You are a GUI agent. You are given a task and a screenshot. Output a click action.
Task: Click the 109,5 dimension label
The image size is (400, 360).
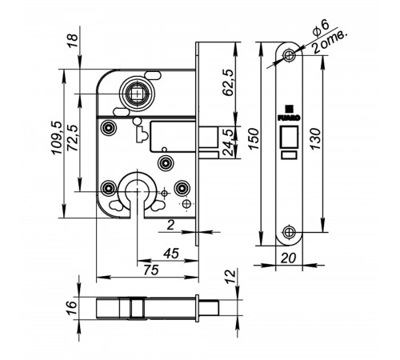pos(57,138)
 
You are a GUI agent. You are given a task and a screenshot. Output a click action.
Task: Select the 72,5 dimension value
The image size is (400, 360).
pos(73,138)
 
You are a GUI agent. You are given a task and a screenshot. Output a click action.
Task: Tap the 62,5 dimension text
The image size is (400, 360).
pos(228,82)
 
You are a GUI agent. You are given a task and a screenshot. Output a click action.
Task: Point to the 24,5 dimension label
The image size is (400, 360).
pos(228,142)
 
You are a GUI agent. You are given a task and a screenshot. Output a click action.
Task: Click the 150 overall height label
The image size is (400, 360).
pos(254,139)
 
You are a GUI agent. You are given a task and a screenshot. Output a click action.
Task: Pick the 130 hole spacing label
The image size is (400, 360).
pos(316,139)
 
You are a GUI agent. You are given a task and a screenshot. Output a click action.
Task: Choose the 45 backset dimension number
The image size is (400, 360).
pos(171,254)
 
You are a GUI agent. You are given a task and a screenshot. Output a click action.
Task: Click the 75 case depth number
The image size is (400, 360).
pos(151,270)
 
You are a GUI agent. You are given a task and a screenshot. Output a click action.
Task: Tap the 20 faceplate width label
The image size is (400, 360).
pos(288,258)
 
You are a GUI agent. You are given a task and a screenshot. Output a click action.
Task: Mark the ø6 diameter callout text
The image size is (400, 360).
pos(321,28)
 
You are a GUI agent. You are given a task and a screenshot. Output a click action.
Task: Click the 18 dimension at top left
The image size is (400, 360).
pos(73,41)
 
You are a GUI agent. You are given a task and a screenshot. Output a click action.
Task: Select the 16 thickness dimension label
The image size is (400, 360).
pos(71,308)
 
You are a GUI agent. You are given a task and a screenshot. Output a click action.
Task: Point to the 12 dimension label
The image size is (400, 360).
pos(231,276)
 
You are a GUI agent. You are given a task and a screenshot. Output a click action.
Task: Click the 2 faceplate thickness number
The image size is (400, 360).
pos(170,226)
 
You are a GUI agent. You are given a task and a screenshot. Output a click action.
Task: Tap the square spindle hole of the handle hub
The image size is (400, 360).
pos(137,94)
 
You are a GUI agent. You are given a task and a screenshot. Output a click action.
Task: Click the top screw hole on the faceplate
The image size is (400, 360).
pos(289,55)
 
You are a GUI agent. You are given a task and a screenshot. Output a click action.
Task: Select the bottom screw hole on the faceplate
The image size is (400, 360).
pos(289,232)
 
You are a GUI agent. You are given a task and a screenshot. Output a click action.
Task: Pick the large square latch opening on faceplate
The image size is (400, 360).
pos(289,137)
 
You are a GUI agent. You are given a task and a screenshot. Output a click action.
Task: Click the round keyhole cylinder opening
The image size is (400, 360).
pos(137,190)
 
